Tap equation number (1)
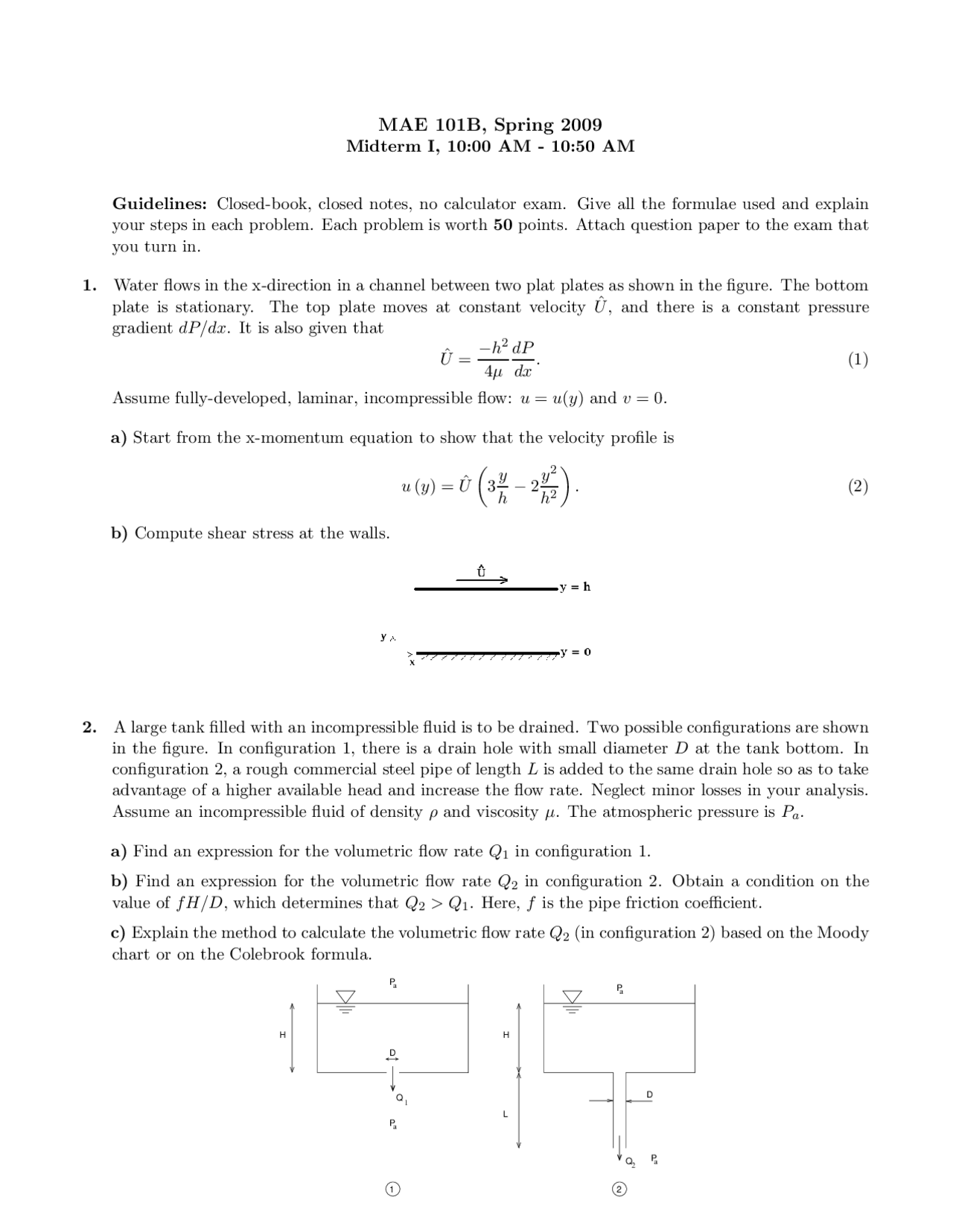(x=858, y=360)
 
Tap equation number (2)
(x=858, y=487)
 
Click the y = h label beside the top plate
(x=576, y=587)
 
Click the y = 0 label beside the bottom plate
(x=576, y=652)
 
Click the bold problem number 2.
(x=89, y=727)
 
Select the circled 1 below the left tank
(x=392, y=1189)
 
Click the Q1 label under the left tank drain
(x=401, y=1098)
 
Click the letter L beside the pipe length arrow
(x=505, y=1114)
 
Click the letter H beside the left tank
(x=282, y=1034)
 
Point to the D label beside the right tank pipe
(x=649, y=1094)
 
